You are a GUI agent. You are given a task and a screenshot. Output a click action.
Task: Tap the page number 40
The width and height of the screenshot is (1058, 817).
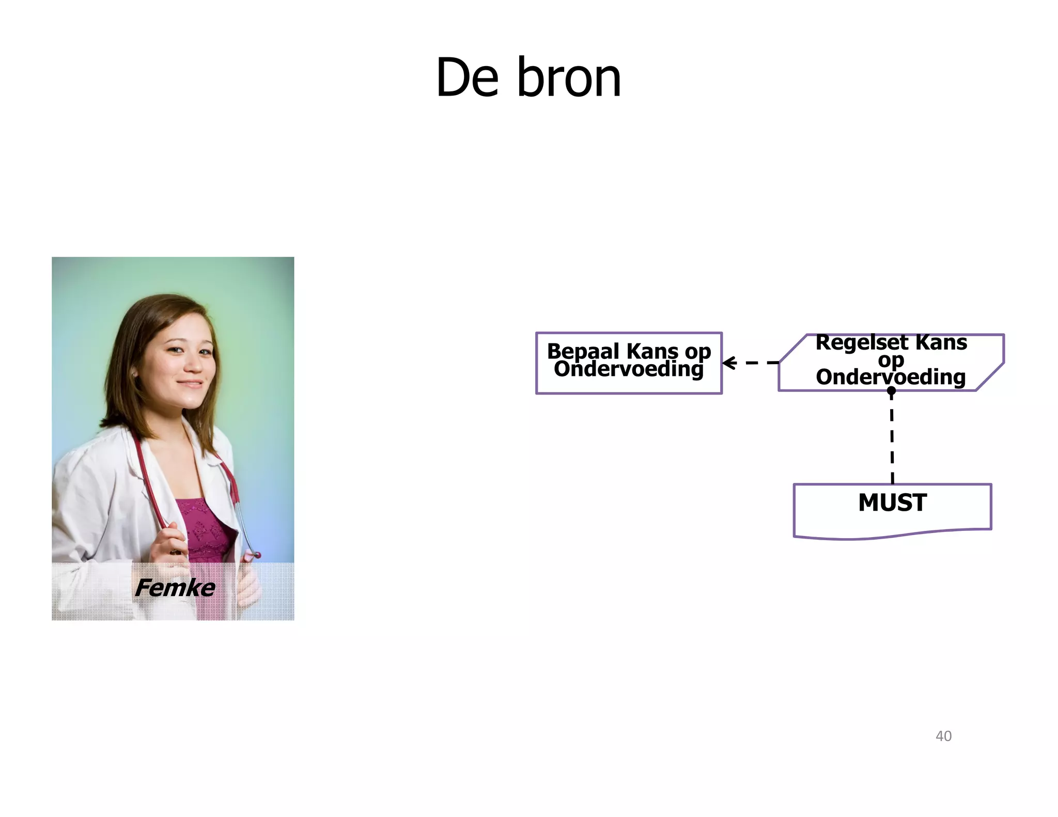pyautogui.click(x=943, y=736)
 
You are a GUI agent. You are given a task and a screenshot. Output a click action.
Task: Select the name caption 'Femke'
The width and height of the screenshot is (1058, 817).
pyautogui.click(x=175, y=588)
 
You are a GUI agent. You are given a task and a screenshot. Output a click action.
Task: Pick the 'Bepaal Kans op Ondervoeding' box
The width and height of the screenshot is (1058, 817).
pyautogui.click(x=629, y=363)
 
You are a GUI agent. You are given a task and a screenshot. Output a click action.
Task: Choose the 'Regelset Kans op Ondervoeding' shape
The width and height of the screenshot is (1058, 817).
pyautogui.click(x=891, y=362)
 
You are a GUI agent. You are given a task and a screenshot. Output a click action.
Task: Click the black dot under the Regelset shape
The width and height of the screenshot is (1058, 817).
pyautogui.click(x=891, y=391)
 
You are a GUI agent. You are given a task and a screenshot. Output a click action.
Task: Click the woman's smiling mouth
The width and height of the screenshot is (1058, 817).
pyautogui.click(x=190, y=384)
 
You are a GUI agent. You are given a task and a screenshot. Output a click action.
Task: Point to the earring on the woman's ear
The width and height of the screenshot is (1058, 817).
pyautogui.click(x=134, y=373)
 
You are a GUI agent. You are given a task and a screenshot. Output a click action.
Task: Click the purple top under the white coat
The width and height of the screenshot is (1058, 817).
pyautogui.click(x=204, y=527)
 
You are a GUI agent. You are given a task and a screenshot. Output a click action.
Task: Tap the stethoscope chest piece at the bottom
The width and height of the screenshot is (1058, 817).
pyautogui.click(x=254, y=556)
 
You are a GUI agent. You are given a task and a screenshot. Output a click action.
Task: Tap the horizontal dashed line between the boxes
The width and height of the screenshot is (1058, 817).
pyautogui.click(x=759, y=363)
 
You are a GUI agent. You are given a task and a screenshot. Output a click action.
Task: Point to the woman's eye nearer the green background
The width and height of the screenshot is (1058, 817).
pyautogui.click(x=205, y=352)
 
